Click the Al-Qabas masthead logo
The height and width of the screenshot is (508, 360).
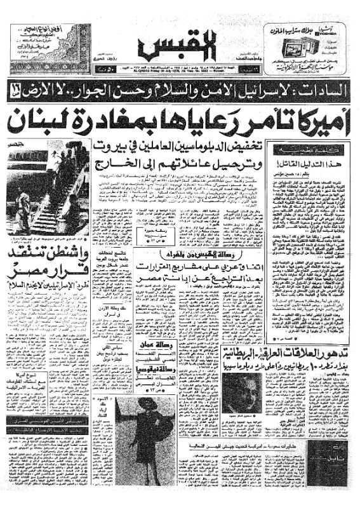pos(180,44)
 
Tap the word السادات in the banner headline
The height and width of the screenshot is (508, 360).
pos(324,90)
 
